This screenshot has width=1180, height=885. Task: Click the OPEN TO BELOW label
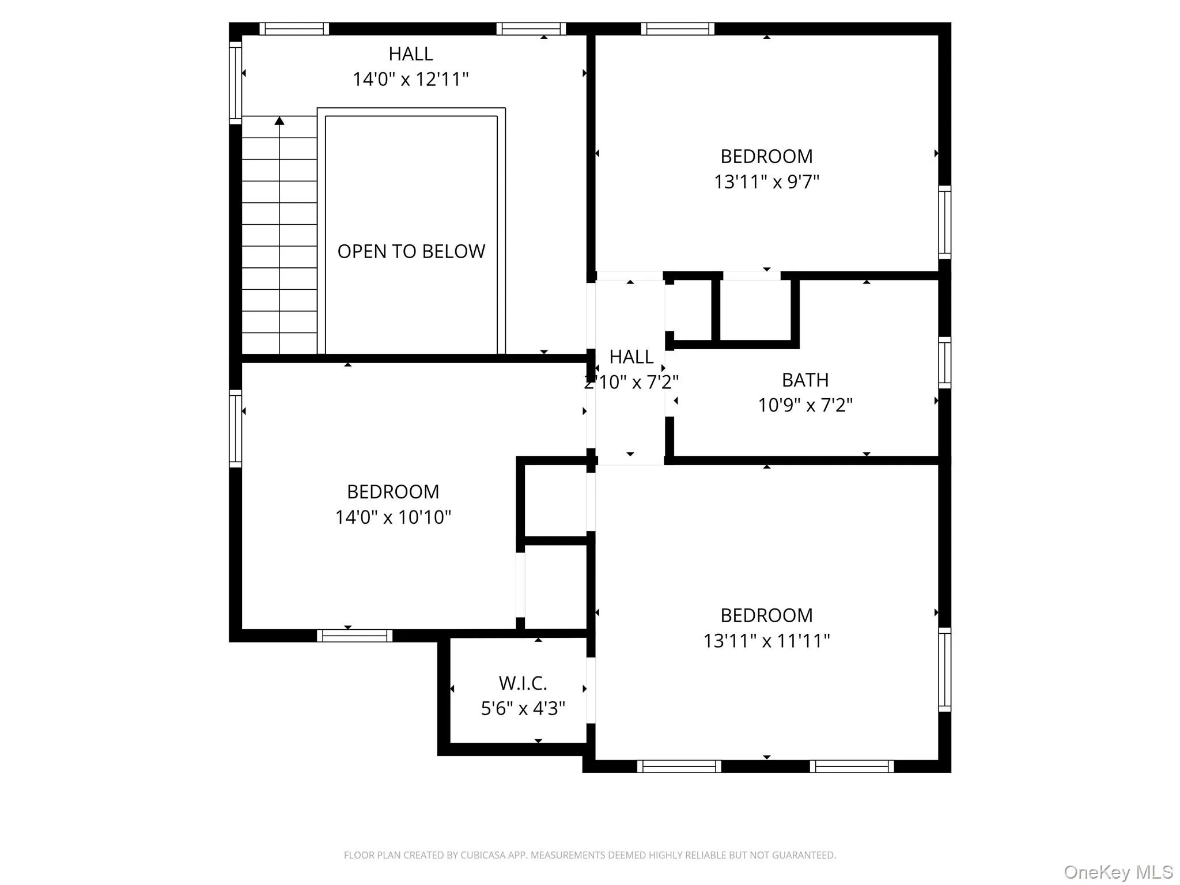411,251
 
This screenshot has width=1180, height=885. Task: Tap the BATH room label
805,380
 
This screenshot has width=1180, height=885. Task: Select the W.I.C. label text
523,683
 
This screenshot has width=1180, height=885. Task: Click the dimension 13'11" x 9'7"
766,181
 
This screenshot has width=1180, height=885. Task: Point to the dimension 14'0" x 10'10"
393,517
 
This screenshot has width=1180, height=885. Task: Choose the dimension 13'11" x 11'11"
766,640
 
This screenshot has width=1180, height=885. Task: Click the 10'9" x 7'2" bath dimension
805,405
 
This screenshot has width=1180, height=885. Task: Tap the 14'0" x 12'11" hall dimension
410,79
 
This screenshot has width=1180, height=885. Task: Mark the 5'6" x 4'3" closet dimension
523,708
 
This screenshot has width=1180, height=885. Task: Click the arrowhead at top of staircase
279,120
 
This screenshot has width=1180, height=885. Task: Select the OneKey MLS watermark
1118,872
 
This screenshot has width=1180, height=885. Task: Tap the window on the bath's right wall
944,362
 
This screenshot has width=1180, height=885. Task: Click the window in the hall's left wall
235,82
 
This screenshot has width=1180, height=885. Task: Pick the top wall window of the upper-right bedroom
678,29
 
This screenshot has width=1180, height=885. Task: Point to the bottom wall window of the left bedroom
354,636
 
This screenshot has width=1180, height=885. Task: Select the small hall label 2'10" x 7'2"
631,381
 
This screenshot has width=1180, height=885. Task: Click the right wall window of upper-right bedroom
944,222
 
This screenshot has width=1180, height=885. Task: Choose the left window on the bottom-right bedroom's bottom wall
679,766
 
